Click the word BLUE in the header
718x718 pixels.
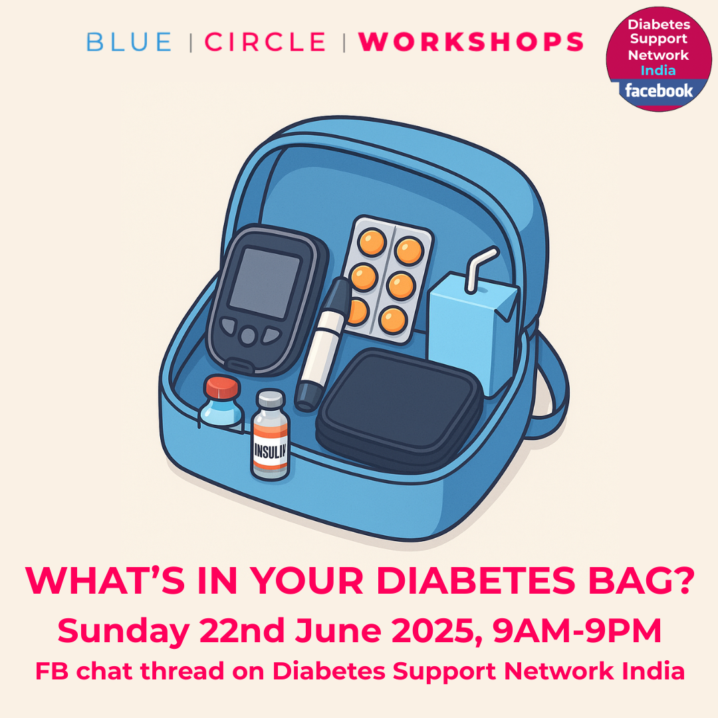(x=129, y=42)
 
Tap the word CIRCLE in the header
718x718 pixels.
(x=265, y=42)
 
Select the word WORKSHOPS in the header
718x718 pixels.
(x=471, y=42)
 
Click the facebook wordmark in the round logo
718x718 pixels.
(x=658, y=90)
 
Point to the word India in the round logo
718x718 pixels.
(x=658, y=70)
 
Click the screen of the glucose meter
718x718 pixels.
(x=265, y=283)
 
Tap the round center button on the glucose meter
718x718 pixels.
(x=248, y=336)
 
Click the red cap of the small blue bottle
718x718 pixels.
(x=222, y=388)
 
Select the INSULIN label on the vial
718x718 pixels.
(x=270, y=451)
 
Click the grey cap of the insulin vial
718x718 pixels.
(x=271, y=400)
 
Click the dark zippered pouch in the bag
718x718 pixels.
(x=398, y=410)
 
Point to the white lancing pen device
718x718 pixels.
(x=323, y=344)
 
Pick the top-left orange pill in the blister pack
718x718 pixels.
(x=372, y=242)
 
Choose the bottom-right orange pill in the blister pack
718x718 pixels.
(x=393, y=320)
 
